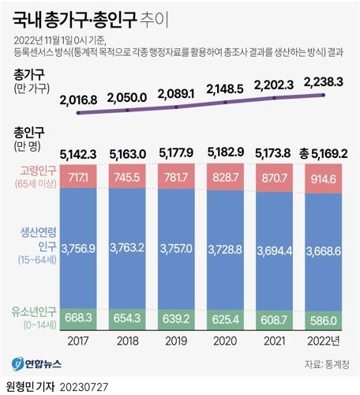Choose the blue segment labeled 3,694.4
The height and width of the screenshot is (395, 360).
(x=276, y=249)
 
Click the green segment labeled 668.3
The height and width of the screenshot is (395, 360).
(x=79, y=317)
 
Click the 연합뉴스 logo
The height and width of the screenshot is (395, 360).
(x=40, y=364)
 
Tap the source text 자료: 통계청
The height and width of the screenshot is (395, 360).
(x=325, y=364)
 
